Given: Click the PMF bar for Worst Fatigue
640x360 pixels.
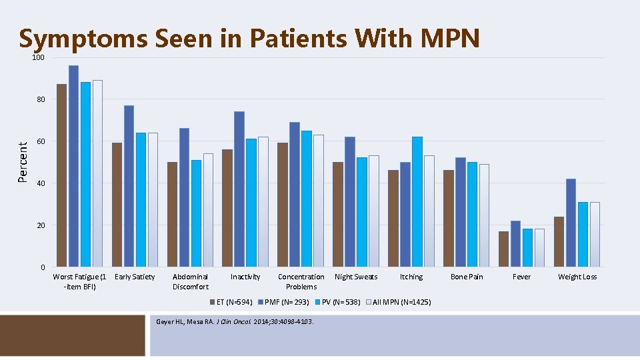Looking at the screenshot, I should click(x=73, y=166).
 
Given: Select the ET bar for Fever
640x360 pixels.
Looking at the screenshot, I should click(x=503, y=249).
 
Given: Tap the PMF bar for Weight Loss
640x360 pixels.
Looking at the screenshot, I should click(x=571, y=223).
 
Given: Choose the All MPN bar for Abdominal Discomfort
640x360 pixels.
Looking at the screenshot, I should click(x=208, y=210).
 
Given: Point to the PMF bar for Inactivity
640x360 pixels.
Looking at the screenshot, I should click(x=239, y=189).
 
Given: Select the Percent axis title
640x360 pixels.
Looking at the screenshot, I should click(x=23, y=161).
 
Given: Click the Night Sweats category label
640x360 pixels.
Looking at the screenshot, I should click(x=356, y=277).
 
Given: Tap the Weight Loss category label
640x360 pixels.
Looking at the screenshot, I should click(x=577, y=277).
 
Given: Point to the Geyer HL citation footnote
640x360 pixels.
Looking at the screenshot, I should click(x=234, y=323).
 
